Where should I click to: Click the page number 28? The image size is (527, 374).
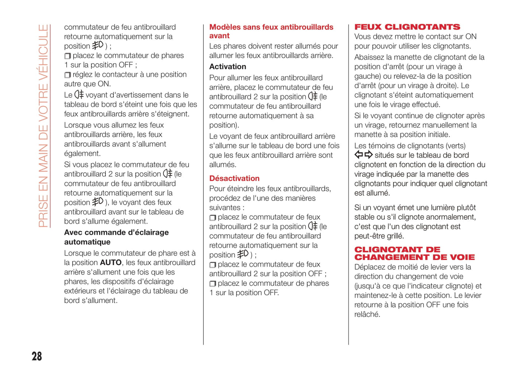tap(36, 356)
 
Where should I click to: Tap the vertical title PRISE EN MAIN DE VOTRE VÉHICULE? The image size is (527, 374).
tap(43, 126)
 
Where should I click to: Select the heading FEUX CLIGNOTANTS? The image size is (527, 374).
tap(407, 27)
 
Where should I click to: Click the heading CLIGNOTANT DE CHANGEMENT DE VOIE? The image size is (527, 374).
tap(414, 253)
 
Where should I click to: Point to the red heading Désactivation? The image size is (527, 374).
tap(234, 178)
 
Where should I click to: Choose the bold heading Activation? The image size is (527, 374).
tap(228, 67)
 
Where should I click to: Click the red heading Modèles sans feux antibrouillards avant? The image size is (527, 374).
tap(271, 31)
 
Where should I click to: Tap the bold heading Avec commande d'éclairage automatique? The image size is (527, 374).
tap(116, 237)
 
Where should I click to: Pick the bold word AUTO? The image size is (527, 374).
tap(111, 262)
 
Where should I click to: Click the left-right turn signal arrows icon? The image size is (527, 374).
tap(363, 155)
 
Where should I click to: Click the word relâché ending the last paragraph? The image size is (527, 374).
tap(367, 314)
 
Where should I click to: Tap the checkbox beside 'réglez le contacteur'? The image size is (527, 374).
tap(67, 75)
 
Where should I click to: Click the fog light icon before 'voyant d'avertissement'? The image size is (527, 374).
tap(79, 95)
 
